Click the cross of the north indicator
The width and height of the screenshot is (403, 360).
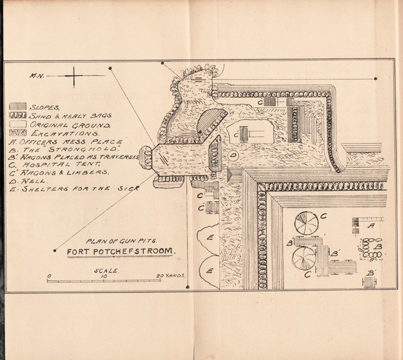74,77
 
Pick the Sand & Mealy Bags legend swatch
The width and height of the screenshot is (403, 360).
17,115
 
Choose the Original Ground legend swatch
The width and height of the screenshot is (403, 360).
17,124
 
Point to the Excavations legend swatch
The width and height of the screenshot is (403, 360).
17,133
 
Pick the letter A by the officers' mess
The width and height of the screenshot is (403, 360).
371,227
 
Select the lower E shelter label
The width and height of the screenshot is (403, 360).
211,271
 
